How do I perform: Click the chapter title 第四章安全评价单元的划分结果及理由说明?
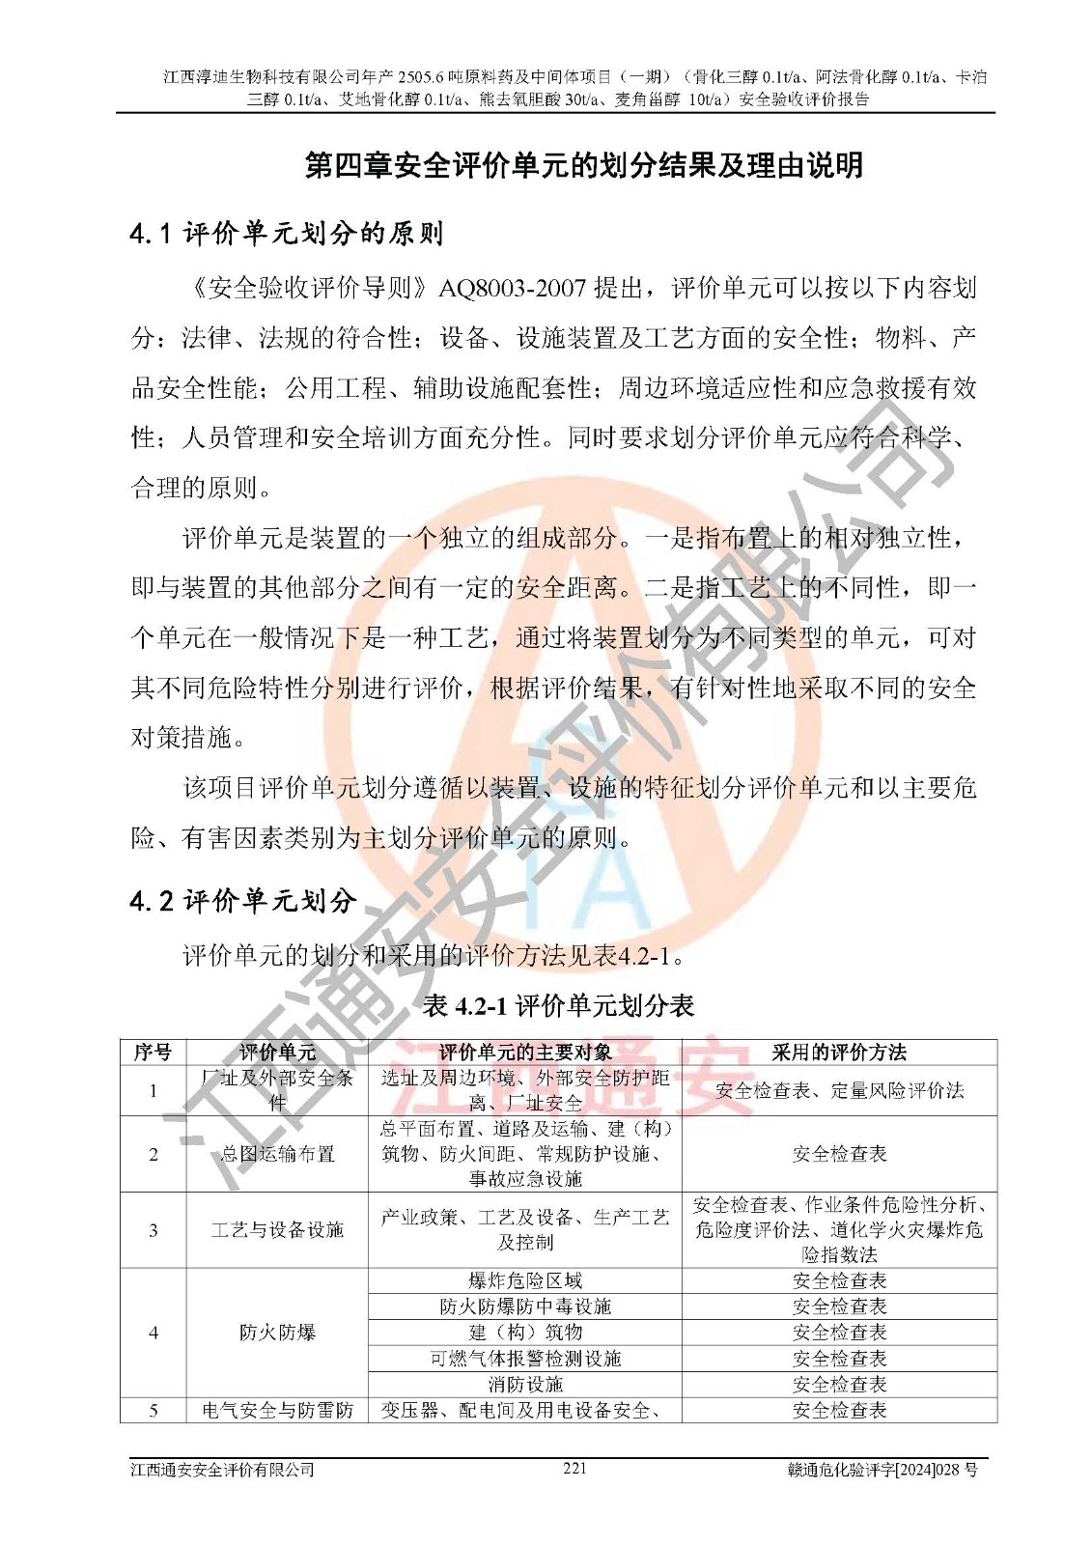(x=584, y=165)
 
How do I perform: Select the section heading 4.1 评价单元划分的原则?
(x=286, y=233)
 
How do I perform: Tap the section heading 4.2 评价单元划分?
(x=243, y=901)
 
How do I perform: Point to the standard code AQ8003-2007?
(x=513, y=288)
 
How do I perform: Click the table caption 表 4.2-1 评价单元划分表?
(x=558, y=1006)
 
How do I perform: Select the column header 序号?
(x=153, y=1052)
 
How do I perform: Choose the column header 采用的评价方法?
(x=838, y=1052)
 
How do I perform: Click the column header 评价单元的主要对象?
(x=524, y=1052)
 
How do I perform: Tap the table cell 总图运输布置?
(x=277, y=1154)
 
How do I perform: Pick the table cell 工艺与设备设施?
(x=277, y=1229)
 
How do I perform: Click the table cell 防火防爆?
(x=277, y=1333)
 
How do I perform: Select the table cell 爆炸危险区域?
(x=524, y=1280)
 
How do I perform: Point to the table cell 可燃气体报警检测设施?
(x=524, y=1359)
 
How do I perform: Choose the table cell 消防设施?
(x=524, y=1385)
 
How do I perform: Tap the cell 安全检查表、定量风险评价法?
(x=838, y=1090)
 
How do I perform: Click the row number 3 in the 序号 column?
(x=153, y=1229)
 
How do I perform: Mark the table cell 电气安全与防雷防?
(x=277, y=1410)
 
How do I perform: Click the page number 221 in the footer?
(x=574, y=1468)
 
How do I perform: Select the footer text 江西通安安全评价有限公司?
(x=223, y=1470)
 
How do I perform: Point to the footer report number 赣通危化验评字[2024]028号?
(x=882, y=1470)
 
